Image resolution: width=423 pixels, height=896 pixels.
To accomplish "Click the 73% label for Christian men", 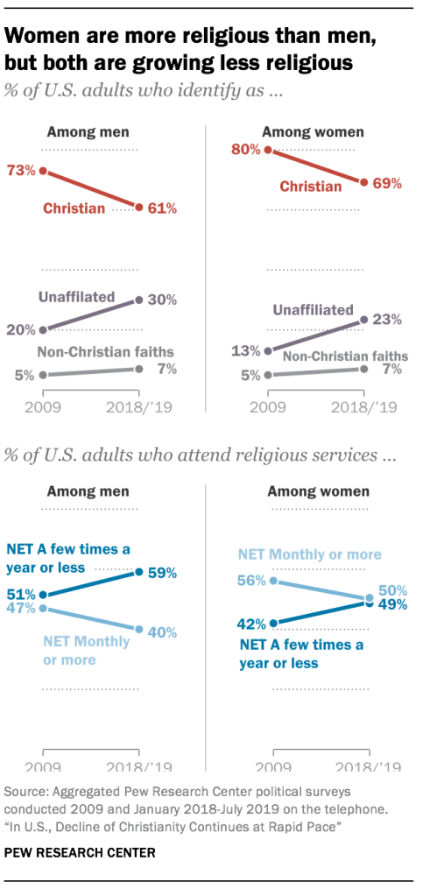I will click(22, 170).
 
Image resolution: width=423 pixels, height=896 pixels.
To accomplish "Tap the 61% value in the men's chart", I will click(163, 208).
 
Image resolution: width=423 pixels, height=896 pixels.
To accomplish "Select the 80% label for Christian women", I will click(245, 150).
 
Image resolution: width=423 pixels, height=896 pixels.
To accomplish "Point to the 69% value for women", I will click(386, 183).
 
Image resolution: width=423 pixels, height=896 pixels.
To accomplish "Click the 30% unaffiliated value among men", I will click(163, 299).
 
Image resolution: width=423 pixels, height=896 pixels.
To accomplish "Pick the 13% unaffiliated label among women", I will click(245, 350).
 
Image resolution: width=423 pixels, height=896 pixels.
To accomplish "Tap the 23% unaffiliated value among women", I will click(386, 320).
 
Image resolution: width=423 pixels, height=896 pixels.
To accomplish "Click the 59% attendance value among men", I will click(163, 573).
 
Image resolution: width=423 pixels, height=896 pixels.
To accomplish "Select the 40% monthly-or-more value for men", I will click(163, 631).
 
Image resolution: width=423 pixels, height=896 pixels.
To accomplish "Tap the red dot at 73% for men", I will click(44, 171).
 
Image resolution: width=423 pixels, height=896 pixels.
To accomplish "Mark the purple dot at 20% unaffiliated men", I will click(44, 330).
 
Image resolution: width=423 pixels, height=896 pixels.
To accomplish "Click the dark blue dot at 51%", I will click(44, 595).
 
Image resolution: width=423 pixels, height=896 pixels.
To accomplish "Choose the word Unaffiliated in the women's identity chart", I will click(312, 309).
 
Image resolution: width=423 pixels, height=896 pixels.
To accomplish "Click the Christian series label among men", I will click(74, 208).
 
